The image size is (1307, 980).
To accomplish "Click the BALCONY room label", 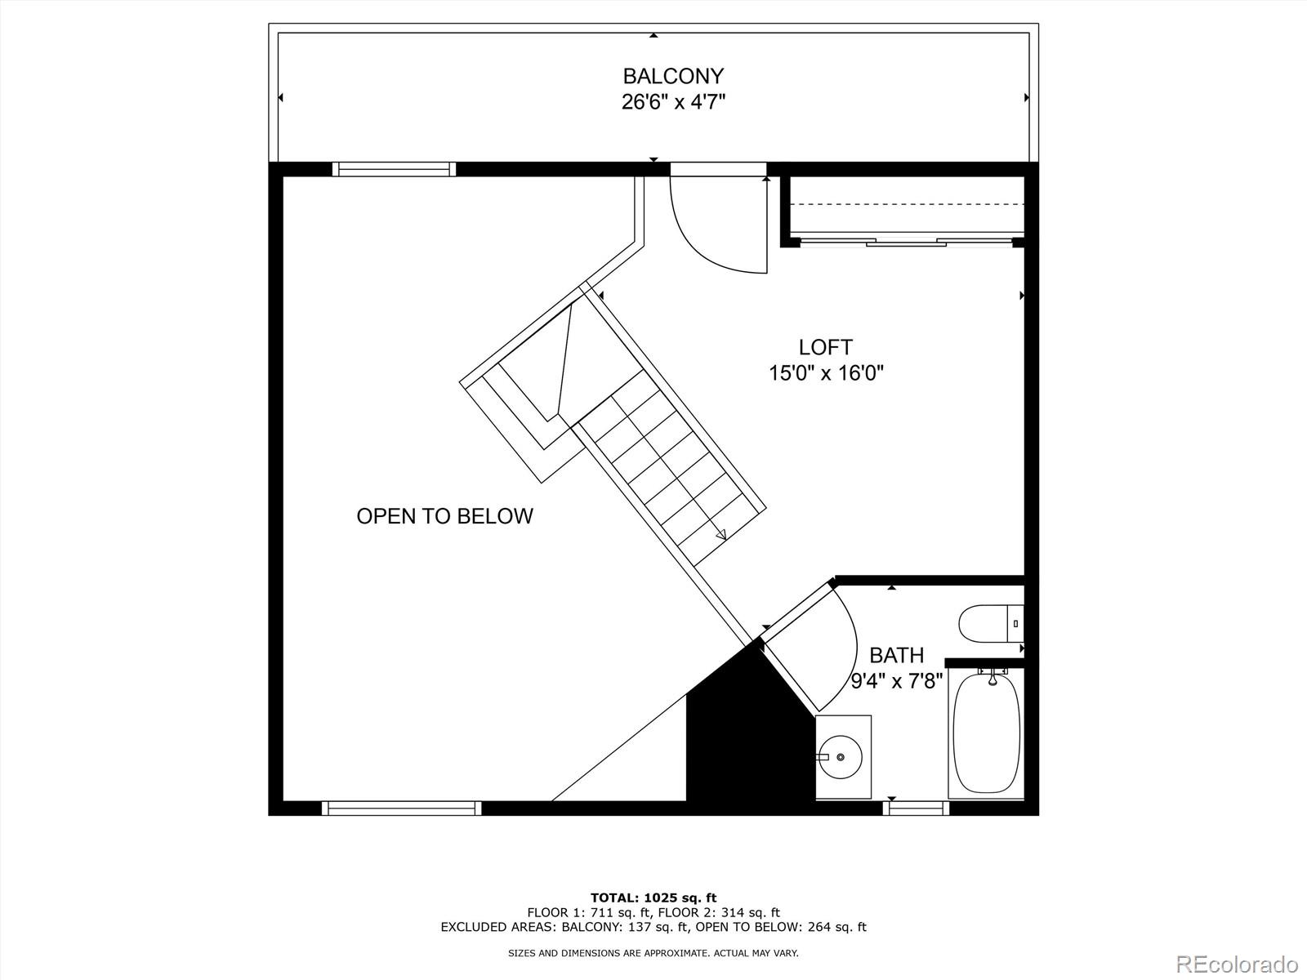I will (x=673, y=76).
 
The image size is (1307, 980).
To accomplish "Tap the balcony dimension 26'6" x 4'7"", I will (x=673, y=103).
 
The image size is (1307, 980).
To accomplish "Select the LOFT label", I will (x=825, y=347).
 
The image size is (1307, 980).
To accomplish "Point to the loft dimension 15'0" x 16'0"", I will (x=825, y=373).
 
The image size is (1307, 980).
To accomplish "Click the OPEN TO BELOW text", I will (x=444, y=516).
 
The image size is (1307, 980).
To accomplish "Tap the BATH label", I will (x=896, y=655).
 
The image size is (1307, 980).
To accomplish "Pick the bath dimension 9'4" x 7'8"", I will (x=896, y=680).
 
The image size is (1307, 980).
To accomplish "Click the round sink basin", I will (x=841, y=757).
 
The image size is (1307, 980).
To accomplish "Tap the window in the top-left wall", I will (x=394, y=169).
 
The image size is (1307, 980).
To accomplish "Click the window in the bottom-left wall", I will (x=401, y=808).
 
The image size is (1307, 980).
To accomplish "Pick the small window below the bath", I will (x=916, y=808).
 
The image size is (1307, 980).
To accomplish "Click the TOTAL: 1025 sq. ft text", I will (x=653, y=898).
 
